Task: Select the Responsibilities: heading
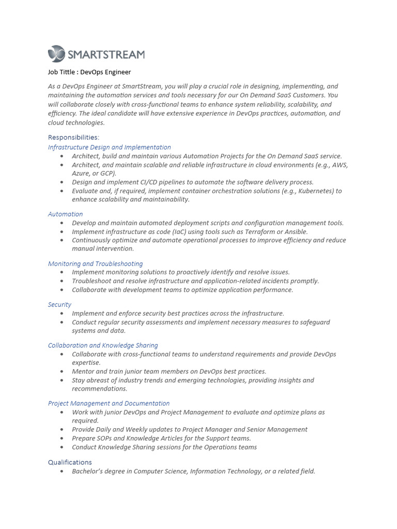point(73,137)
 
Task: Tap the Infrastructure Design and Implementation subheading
point(109,147)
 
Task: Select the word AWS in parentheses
point(340,165)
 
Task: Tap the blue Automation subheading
point(65,214)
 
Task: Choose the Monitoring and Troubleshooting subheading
point(95,263)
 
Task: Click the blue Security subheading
point(59,304)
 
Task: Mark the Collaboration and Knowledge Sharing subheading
point(103,345)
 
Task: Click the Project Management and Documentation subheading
point(109,403)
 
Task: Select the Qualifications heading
point(70,462)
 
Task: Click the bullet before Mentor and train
point(62,371)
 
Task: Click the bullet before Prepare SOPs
point(62,438)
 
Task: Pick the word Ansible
point(296,231)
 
